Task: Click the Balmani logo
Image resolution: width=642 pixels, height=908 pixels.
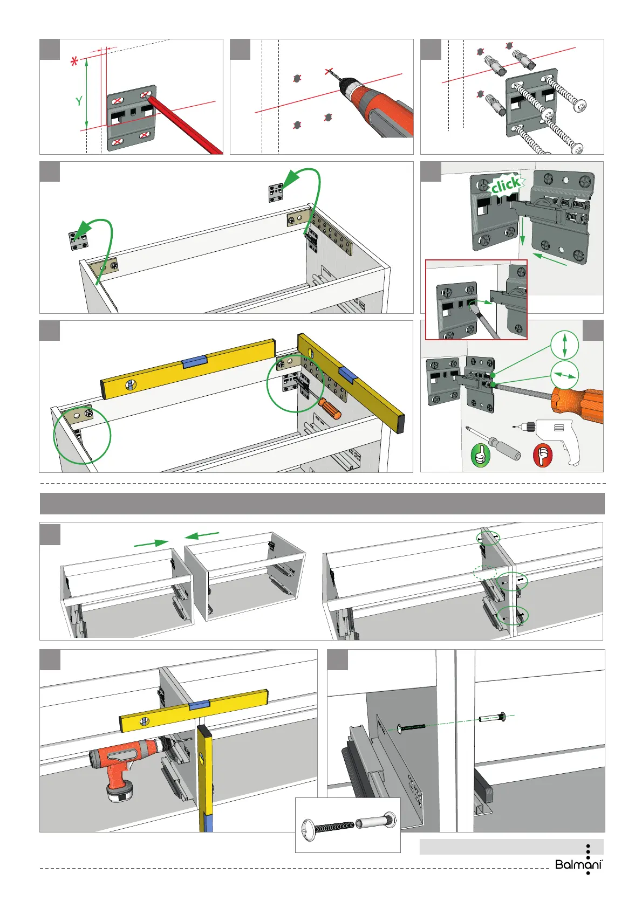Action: coord(579,864)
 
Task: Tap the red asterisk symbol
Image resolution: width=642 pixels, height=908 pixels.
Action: coord(74,62)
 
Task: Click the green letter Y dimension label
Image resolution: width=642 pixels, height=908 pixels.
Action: coord(79,101)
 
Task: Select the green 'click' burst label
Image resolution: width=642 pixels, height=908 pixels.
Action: coord(506,185)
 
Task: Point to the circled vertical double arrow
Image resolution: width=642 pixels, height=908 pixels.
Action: coord(564,345)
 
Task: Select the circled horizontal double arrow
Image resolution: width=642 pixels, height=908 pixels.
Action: coord(564,375)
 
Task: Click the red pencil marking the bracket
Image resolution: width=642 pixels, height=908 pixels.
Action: coord(183,125)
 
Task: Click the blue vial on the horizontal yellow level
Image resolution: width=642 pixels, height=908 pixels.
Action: coord(195,361)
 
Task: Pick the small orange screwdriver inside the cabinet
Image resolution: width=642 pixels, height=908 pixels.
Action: coord(330,408)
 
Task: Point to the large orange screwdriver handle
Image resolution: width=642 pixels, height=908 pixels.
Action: coord(577,404)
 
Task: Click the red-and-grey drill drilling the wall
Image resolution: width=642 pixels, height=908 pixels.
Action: coord(378,105)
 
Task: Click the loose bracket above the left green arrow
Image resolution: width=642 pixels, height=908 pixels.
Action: coord(78,240)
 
